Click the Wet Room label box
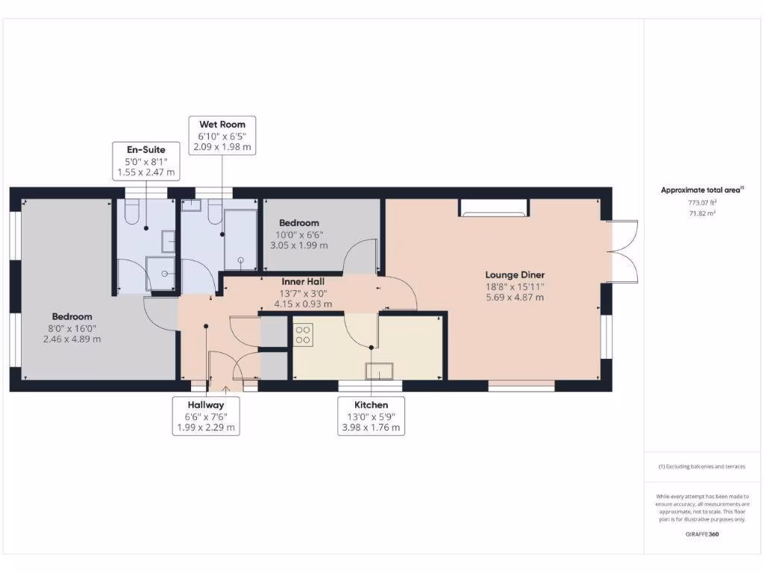(x=222, y=135)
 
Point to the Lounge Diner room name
(x=514, y=274)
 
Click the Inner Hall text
(x=304, y=282)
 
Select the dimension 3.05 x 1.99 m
(x=298, y=245)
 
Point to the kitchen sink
(x=379, y=371)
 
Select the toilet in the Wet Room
(x=211, y=214)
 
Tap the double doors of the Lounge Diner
(x=624, y=251)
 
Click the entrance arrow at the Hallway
(x=227, y=388)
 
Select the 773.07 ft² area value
(x=701, y=202)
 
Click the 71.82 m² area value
(x=701, y=213)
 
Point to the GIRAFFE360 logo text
(x=701, y=534)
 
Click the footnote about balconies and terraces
(x=701, y=466)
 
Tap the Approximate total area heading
(x=701, y=190)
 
